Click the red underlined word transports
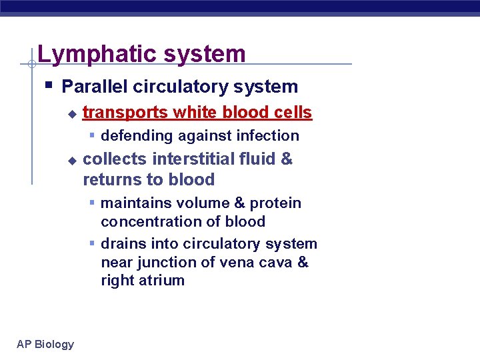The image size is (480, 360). (125, 113)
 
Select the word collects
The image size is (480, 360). (115, 159)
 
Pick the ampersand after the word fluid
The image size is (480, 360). (287, 159)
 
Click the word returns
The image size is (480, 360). (108, 180)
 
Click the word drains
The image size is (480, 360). (122, 244)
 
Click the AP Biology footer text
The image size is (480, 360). (45, 344)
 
